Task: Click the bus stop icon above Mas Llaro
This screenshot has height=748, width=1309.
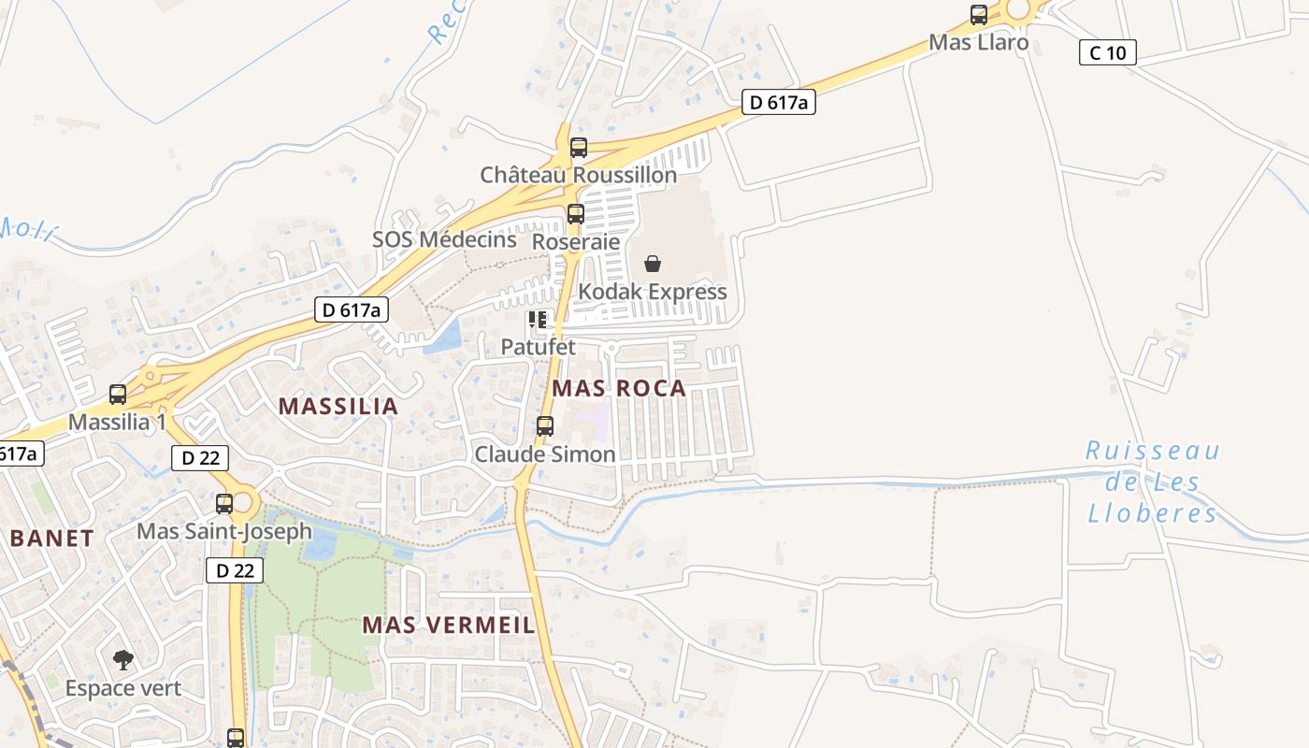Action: coord(979,15)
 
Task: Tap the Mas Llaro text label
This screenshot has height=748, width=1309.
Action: coord(978,42)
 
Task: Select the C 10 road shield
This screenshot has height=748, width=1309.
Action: coord(1107,52)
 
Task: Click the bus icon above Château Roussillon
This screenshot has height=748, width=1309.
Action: coord(579,148)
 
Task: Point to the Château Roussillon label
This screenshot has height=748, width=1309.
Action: coord(578,175)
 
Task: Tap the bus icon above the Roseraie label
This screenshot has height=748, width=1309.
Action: coord(576,214)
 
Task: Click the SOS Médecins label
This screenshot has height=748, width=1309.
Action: coord(444,239)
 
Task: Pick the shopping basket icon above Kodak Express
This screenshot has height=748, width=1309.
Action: coord(653,265)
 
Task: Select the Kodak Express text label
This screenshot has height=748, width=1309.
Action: coord(652,292)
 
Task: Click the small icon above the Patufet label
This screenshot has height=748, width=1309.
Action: coord(538,320)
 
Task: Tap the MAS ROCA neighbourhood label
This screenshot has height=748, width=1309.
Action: coord(619,388)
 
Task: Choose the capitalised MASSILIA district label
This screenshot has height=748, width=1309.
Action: coord(338,407)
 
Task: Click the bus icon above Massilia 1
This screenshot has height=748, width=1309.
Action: coord(118,395)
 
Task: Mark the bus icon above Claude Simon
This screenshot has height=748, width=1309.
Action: coord(545,426)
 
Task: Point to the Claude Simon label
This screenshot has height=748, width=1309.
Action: coord(544,454)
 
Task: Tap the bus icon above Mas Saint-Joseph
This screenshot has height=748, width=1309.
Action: coord(224,504)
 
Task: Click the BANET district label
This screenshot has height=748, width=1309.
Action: coord(51,539)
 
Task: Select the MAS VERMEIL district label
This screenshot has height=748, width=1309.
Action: coord(449,625)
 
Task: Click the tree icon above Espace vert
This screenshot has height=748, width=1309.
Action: coord(122,661)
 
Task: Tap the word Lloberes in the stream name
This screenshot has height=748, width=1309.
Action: coord(1153,513)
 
